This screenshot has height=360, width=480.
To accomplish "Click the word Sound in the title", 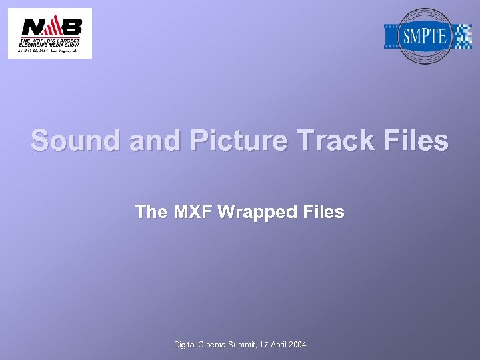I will (x=71, y=141).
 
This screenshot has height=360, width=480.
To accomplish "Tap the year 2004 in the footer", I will (x=297, y=345).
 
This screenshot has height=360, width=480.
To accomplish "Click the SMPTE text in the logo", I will (x=425, y=36).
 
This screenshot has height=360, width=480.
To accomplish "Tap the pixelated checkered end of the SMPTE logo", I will (x=462, y=36).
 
